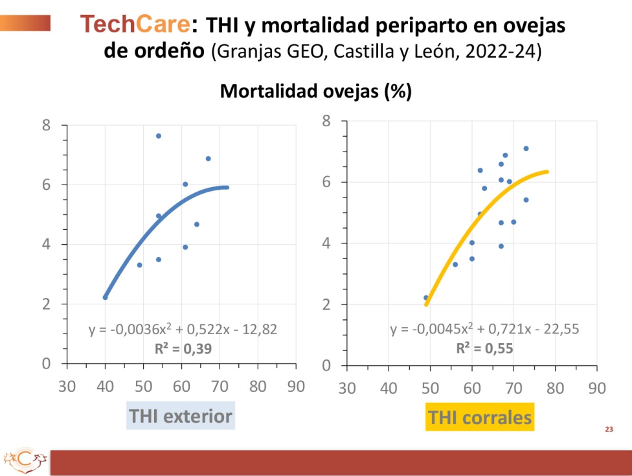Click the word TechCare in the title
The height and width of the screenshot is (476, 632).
(135, 24)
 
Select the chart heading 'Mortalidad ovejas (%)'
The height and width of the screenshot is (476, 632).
(315, 91)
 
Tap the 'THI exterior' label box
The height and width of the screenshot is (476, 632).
(181, 416)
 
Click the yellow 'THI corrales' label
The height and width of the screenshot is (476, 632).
(480, 417)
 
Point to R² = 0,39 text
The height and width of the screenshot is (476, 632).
(183, 348)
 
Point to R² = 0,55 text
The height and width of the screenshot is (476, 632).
(484, 348)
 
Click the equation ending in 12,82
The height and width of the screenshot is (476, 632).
(183, 329)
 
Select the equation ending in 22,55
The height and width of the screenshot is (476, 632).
(484, 329)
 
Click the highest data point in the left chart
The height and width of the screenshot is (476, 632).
(159, 136)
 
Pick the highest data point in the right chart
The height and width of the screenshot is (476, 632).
(526, 148)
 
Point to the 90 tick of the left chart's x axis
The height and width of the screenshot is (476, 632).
(296, 387)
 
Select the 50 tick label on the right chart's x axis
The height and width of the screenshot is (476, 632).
(430, 388)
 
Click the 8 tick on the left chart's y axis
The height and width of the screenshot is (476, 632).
(47, 126)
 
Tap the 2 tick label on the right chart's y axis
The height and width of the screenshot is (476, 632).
(326, 304)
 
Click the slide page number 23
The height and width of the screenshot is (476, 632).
(609, 429)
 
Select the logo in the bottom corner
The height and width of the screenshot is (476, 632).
(25, 460)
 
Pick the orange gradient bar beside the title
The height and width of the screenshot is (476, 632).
(25, 23)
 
